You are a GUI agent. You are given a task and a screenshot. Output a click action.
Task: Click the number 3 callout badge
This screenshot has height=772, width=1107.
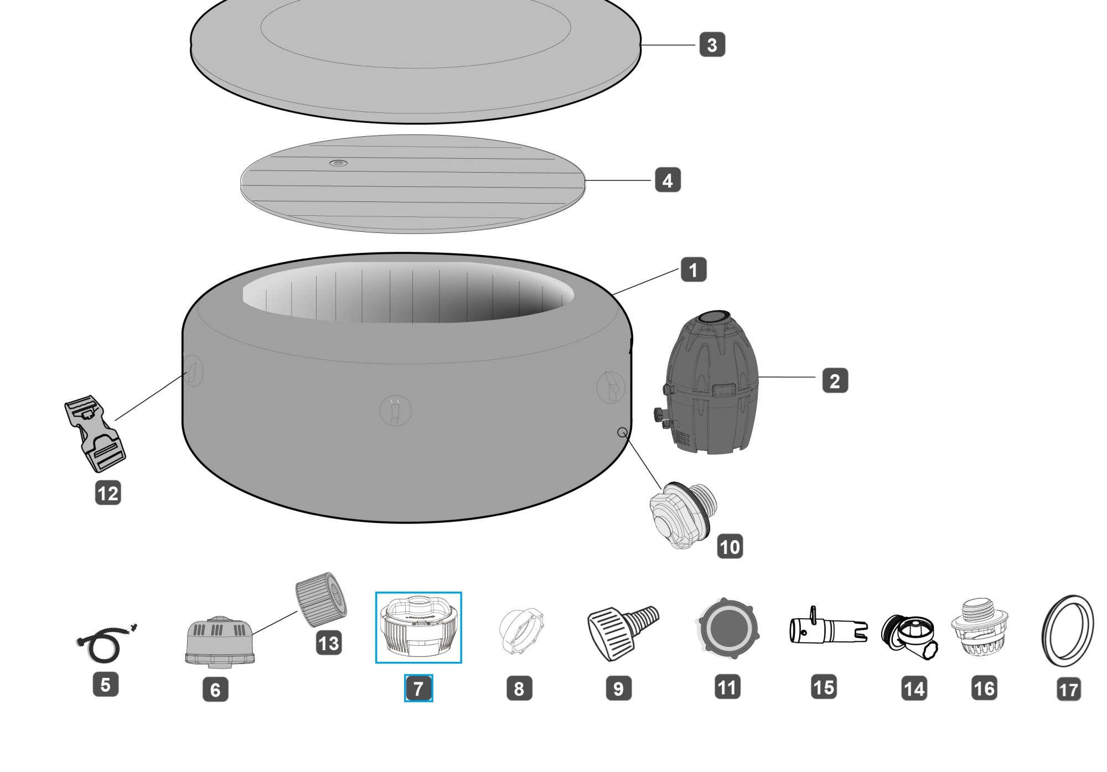click(712, 45)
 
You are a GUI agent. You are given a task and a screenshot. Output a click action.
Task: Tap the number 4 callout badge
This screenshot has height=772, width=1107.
click(668, 180)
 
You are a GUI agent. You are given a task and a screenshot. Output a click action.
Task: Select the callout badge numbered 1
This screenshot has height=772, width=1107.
click(693, 270)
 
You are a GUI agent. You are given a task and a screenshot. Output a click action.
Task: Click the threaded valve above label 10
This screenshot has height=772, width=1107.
click(683, 514)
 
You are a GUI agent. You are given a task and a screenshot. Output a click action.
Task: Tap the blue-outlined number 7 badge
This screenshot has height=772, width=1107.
click(418, 688)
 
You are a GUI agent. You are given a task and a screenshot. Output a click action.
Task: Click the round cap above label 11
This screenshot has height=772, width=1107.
click(728, 628)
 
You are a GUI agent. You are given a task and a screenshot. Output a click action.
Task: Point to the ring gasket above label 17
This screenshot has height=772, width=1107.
click(1068, 630)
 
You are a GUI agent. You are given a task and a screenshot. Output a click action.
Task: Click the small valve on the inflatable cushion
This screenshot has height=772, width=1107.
click(338, 163)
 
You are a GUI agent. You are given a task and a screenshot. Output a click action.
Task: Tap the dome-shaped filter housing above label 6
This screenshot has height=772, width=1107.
click(219, 641)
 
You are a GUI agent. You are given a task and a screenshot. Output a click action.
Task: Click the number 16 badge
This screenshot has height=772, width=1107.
click(984, 688)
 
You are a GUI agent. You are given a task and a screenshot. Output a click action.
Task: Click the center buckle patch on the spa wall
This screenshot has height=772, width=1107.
click(395, 411)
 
